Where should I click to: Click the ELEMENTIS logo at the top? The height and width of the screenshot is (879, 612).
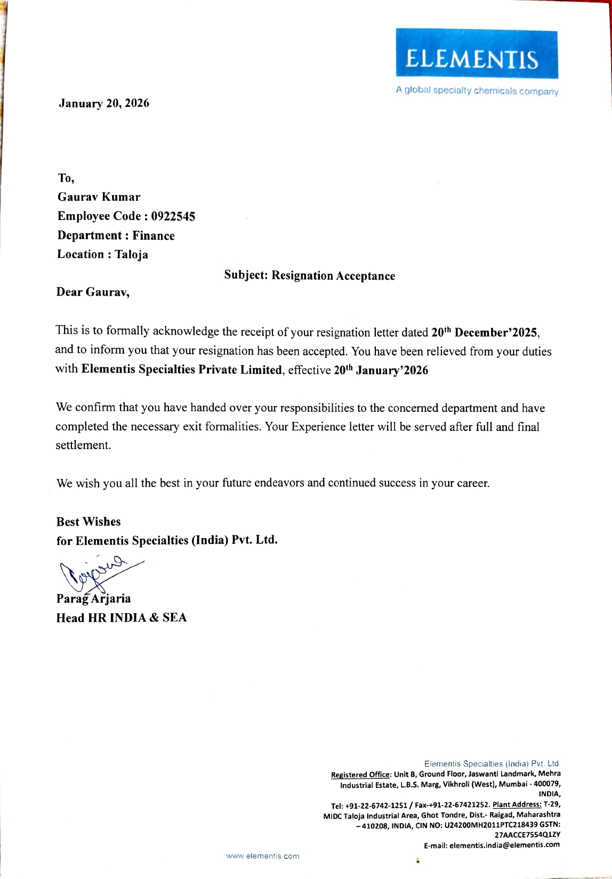point(477,54)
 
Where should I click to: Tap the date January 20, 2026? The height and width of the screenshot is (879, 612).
point(104,103)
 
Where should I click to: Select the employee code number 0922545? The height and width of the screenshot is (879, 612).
point(173,216)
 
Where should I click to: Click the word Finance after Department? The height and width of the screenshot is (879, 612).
point(154,235)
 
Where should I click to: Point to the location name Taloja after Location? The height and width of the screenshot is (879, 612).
point(132,255)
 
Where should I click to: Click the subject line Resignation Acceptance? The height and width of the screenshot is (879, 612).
point(333,276)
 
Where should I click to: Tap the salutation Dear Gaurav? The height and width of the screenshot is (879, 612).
point(93,292)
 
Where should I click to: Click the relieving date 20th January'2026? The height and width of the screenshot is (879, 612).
point(381,370)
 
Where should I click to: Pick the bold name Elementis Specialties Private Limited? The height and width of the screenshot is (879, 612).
point(181,370)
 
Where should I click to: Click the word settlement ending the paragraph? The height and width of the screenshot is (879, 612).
point(83,445)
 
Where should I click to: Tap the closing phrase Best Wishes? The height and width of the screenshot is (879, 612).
point(88,522)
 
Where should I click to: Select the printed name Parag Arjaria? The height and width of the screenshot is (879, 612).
point(94,599)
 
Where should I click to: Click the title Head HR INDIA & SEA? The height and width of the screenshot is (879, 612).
point(122,618)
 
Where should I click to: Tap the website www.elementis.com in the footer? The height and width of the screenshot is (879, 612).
point(263,856)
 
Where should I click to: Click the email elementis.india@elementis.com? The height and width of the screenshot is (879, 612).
point(504,845)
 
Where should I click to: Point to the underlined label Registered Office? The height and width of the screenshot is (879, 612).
point(361,775)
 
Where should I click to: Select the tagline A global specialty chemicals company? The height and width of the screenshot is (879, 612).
point(477,91)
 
